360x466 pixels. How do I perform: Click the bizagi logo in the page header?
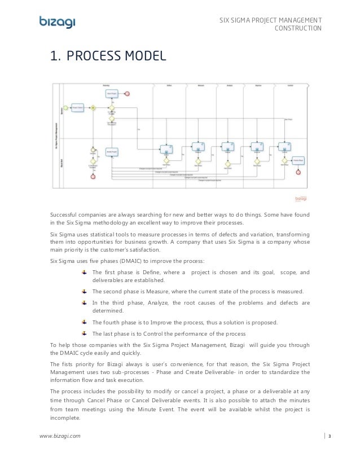[x=57, y=22]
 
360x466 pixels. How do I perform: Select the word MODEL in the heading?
[x=144, y=58]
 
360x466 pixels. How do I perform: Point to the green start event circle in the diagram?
[x=67, y=107]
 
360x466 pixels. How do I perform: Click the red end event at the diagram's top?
[x=129, y=93]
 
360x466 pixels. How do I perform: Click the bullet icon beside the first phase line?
[x=84, y=273]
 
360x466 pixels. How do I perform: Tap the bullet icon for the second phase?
[x=84, y=291]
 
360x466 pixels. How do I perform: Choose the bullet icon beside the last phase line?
[x=84, y=333]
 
